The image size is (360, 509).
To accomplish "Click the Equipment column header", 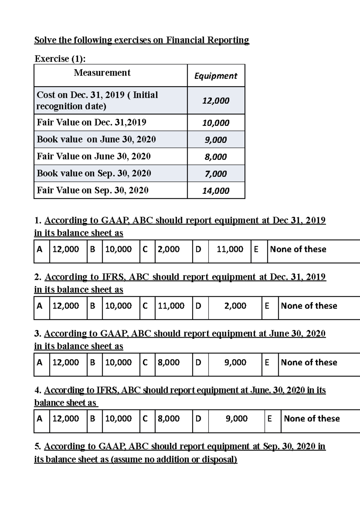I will [216, 76].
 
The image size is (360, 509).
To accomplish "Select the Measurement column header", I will [102, 73].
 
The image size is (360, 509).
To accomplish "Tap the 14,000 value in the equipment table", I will [216, 191].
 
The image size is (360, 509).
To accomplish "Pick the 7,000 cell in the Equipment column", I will [216, 174].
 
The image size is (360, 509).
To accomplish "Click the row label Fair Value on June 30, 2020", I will [94, 156].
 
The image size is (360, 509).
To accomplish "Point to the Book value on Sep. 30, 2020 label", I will [94, 173].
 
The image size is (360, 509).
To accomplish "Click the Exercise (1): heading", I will [60, 59].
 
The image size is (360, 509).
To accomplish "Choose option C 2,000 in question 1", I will [169, 249].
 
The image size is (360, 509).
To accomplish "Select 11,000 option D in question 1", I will [230, 249].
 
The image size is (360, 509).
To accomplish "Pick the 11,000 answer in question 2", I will [171, 306].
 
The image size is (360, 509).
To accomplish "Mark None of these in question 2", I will [309, 306].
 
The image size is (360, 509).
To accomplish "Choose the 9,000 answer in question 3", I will [235, 362].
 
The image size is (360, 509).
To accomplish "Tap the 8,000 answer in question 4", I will [169, 418].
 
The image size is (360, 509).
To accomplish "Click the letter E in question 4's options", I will [269, 418].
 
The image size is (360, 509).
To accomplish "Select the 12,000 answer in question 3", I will [66, 362].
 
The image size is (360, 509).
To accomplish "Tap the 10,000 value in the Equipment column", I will [216, 123].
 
